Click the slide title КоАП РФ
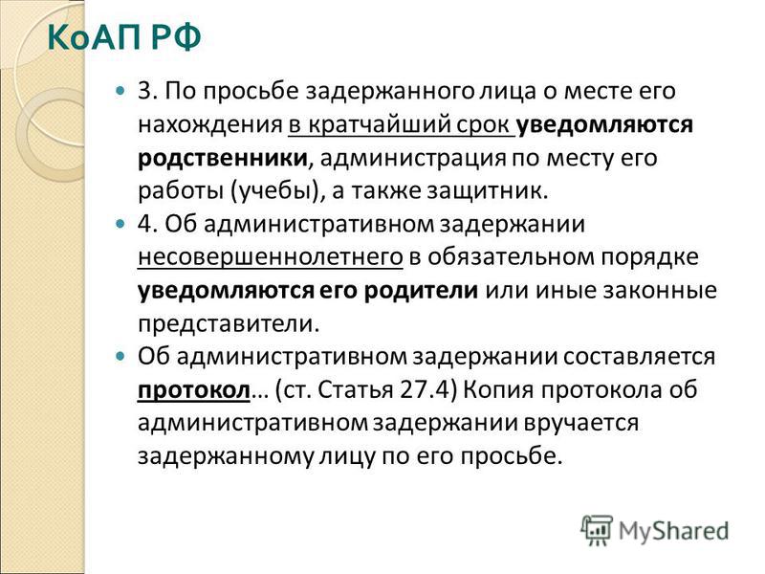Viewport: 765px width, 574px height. pos(124,37)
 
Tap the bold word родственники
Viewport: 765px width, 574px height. pos(223,159)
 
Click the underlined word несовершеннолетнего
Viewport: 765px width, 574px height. pos(271,257)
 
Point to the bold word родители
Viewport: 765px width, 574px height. pos(421,291)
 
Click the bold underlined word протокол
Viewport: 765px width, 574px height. pos(194,390)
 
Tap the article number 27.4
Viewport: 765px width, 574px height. pos(424,389)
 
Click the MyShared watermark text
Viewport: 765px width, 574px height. pos(673,531)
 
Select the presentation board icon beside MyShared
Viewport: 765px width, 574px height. pos(597,530)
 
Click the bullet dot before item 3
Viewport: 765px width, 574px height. pos(120,91)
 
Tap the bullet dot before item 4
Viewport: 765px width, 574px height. pos(120,224)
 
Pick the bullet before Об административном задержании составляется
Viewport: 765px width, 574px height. pos(120,356)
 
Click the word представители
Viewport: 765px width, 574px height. pos(229,324)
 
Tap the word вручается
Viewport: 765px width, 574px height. pos(581,423)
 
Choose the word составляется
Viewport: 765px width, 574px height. pos(640,357)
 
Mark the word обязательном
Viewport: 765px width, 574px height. pos(512,257)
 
